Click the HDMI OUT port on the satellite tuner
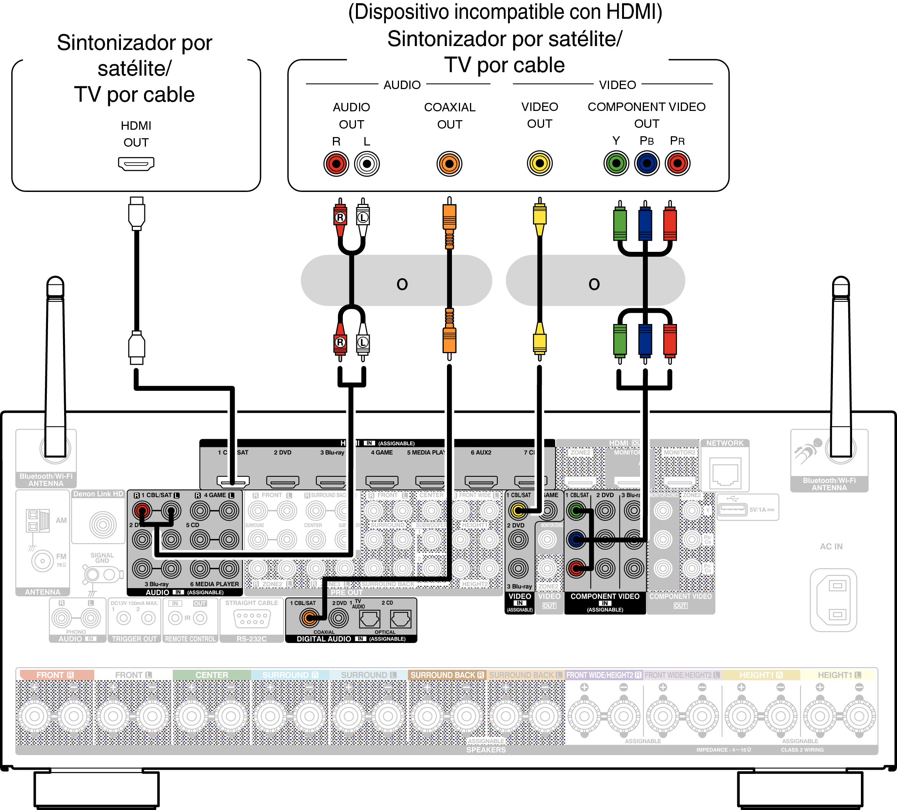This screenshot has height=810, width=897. pyautogui.click(x=136, y=164)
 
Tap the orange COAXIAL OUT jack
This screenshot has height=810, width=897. pyautogui.click(x=449, y=164)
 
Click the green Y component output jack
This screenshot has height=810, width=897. pyautogui.click(x=616, y=163)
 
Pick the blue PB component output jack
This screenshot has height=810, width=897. pyautogui.click(x=647, y=163)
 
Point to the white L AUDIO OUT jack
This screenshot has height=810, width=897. pyautogui.click(x=367, y=164)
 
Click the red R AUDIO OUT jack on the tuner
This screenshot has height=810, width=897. pyautogui.click(x=336, y=164)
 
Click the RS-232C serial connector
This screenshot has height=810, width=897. pyautogui.click(x=252, y=618)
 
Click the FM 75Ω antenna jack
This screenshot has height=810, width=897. pyautogui.click(x=43, y=560)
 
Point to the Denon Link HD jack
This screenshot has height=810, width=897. pyautogui.click(x=103, y=524)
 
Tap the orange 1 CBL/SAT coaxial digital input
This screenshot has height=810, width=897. pyautogui.click(x=309, y=617)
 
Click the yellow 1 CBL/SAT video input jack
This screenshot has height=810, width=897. pyautogui.click(x=518, y=511)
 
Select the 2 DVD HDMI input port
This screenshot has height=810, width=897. pyautogui.click(x=283, y=481)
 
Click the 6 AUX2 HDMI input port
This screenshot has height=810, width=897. pyautogui.click(x=481, y=481)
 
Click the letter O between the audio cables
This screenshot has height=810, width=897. pyautogui.click(x=402, y=284)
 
